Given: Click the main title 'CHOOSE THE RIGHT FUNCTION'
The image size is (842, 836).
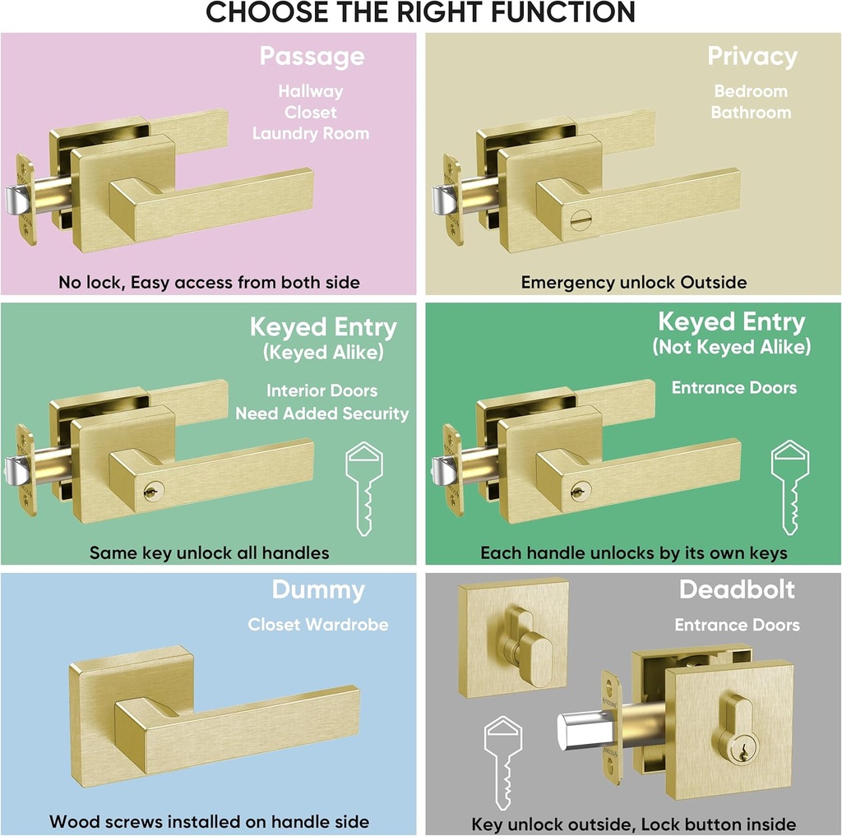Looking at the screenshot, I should coord(420,13).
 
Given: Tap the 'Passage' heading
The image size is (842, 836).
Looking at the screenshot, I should coord(312,57).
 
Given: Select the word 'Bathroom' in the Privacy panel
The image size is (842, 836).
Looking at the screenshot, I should coord(751,113).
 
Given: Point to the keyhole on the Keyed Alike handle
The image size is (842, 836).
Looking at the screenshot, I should coord(150,491).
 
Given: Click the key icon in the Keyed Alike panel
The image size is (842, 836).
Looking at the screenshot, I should coord(362,489).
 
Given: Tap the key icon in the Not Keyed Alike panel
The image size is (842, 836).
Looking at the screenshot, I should coord(789,489).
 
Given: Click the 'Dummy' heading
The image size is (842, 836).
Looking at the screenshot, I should coord(318,590).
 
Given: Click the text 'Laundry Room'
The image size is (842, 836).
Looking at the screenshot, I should coord(311,133).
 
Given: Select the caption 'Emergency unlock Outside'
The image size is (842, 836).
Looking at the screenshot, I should coord(634,283).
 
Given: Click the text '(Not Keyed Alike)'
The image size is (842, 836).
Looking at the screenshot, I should coord(732,347).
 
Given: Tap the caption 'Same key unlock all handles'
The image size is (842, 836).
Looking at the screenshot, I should coord(209,553).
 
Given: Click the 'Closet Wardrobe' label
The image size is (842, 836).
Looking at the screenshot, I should coord(318,625).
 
